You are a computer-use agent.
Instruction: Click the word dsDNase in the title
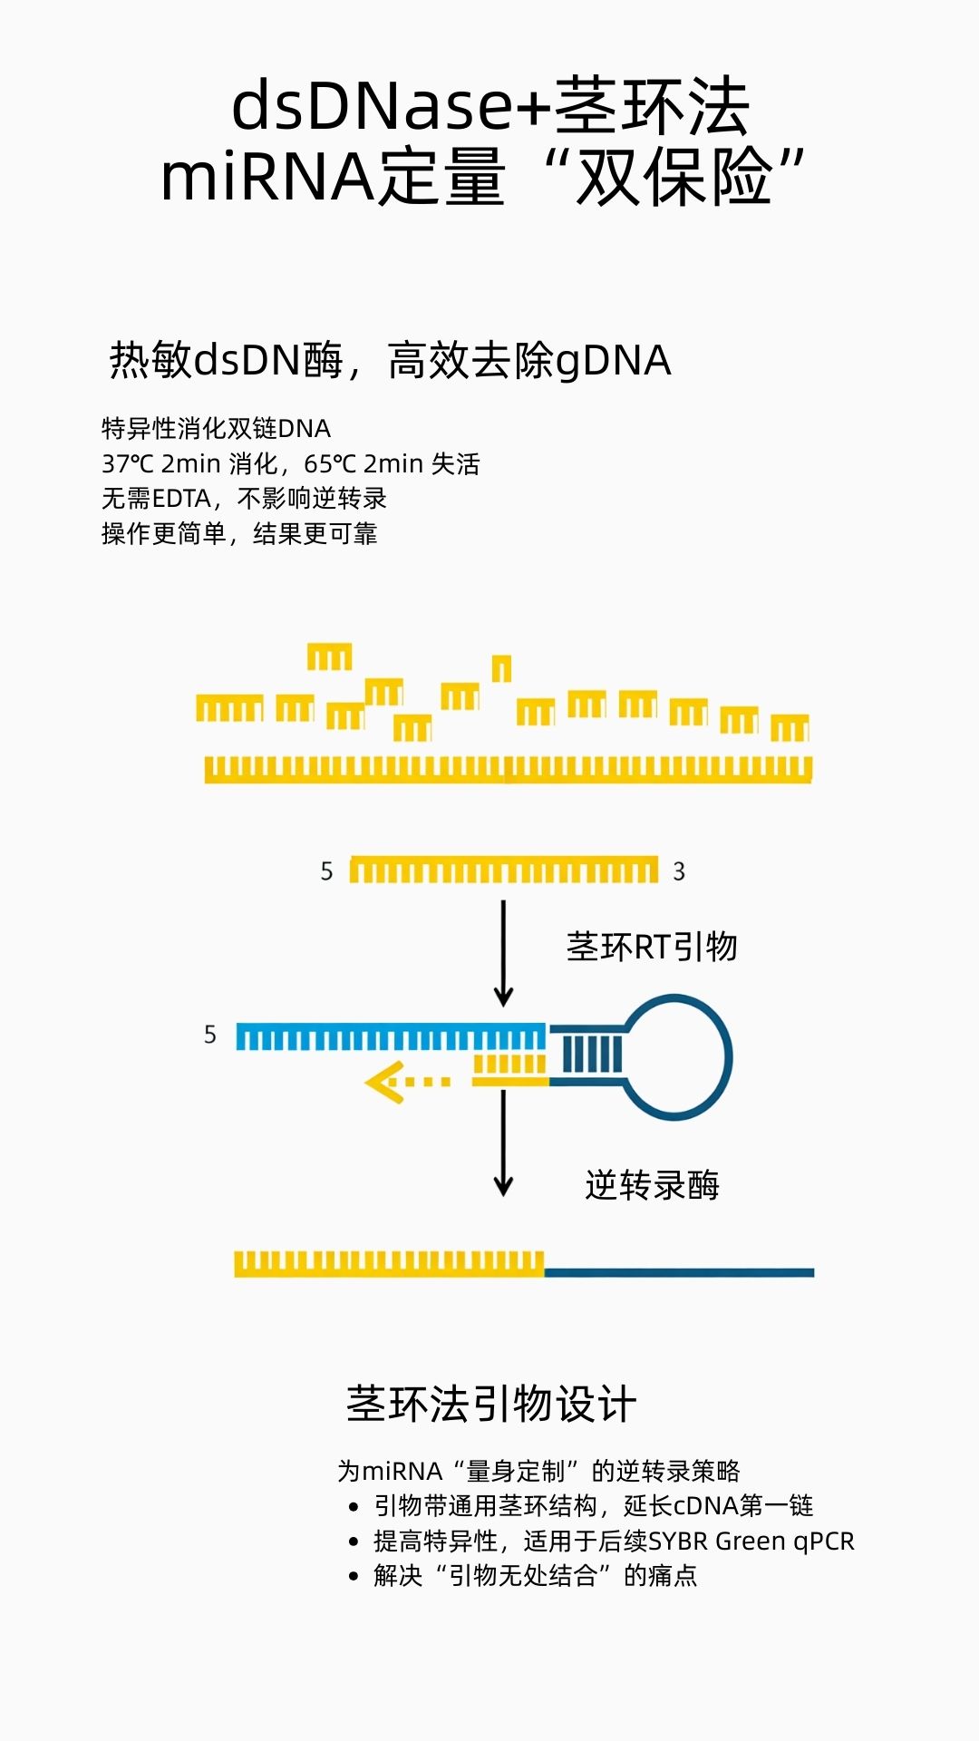(x=372, y=107)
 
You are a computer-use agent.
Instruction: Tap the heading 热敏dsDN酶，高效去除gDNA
(x=390, y=361)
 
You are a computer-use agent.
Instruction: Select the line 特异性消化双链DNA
(x=216, y=428)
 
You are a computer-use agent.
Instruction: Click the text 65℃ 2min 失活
(x=392, y=463)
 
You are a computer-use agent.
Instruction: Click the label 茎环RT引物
(x=652, y=947)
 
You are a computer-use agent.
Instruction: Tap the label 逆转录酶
(x=652, y=1185)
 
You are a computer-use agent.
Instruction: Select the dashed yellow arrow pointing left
(x=406, y=1082)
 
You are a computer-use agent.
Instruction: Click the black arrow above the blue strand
(x=503, y=952)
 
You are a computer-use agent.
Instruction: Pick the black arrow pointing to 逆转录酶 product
(x=503, y=1143)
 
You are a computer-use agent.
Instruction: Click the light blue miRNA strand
(x=390, y=1036)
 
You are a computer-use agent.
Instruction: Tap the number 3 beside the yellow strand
(x=679, y=871)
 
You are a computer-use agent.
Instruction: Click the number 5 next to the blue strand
(x=210, y=1035)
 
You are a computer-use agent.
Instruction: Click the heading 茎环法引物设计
(x=490, y=1405)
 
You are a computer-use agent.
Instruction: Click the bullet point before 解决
(x=354, y=1577)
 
